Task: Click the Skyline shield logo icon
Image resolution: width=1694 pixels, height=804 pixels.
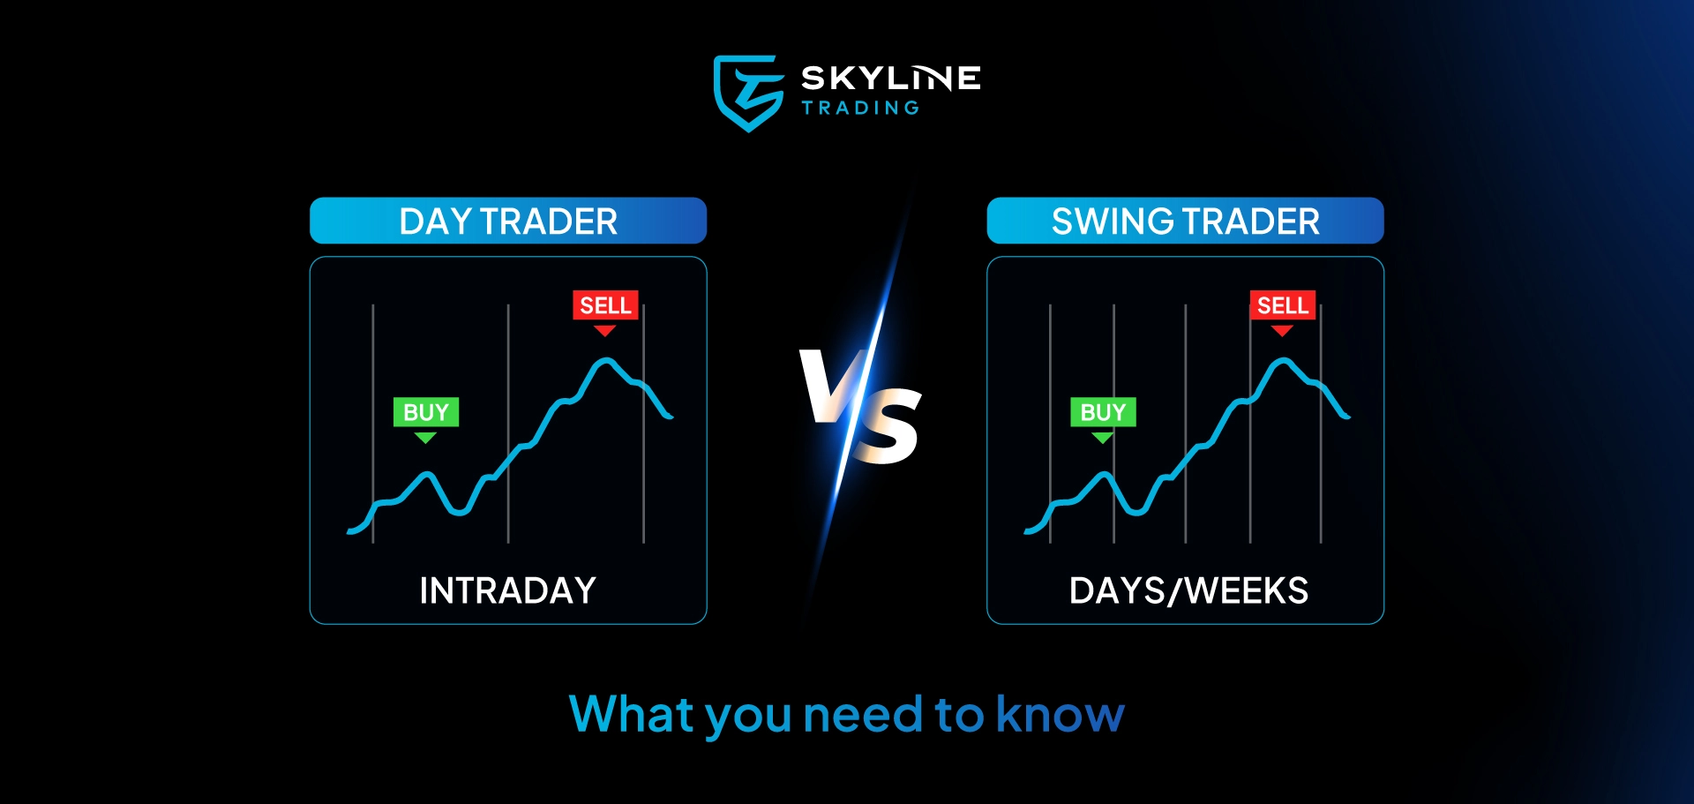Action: (x=747, y=92)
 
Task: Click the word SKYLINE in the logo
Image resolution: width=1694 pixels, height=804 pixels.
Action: (x=890, y=78)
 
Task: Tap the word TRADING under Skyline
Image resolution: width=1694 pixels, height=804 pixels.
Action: (x=860, y=108)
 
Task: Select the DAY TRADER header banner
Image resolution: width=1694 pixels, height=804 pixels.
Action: (x=508, y=221)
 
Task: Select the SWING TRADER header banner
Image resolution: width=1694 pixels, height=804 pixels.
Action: (x=1185, y=221)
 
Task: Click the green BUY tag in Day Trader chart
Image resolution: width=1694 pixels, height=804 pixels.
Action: (x=426, y=412)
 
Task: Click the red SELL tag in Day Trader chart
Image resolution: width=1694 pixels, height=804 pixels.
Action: (x=605, y=305)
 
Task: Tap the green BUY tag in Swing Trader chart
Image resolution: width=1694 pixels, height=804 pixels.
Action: (x=1103, y=412)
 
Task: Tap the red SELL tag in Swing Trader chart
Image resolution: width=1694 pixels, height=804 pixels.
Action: (x=1283, y=305)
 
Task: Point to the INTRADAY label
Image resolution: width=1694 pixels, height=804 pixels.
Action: (x=508, y=590)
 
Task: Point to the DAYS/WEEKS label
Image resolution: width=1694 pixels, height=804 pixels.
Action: (x=1188, y=590)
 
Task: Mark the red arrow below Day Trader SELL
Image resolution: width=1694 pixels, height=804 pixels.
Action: (x=604, y=330)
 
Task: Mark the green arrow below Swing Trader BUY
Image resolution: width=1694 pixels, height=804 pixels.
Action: (x=1102, y=437)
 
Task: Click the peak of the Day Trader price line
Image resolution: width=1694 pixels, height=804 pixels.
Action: (x=605, y=360)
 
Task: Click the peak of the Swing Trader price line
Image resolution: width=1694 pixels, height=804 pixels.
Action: (x=1283, y=360)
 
